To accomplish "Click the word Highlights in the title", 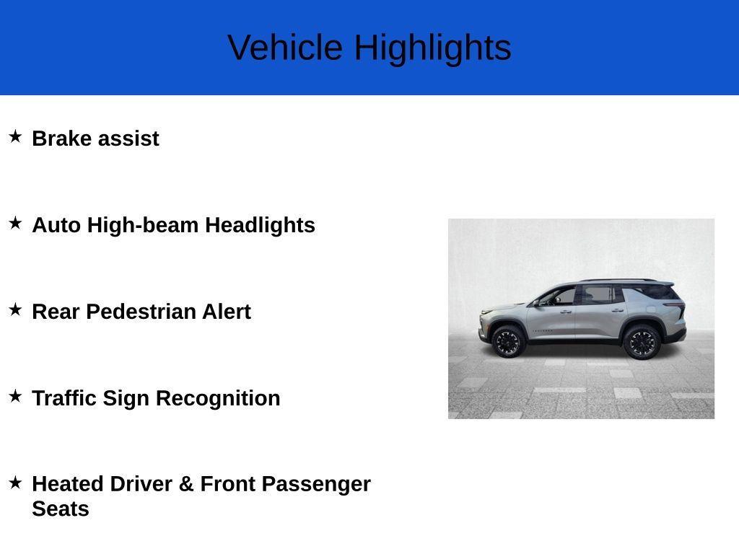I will click(432, 48).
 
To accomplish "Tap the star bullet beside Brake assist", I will click(15, 136).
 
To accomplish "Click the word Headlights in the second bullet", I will click(260, 225).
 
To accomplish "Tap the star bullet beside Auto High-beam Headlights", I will click(15, 223).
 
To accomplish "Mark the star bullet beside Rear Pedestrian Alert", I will click(15, 309).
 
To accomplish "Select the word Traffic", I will click(64, 398).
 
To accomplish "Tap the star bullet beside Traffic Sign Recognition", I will click(15, 396).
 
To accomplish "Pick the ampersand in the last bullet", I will click(186, 484).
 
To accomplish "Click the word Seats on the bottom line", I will click(61, 509).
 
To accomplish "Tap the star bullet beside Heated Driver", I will click(15, 483).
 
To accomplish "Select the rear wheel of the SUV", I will click(641, 342).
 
